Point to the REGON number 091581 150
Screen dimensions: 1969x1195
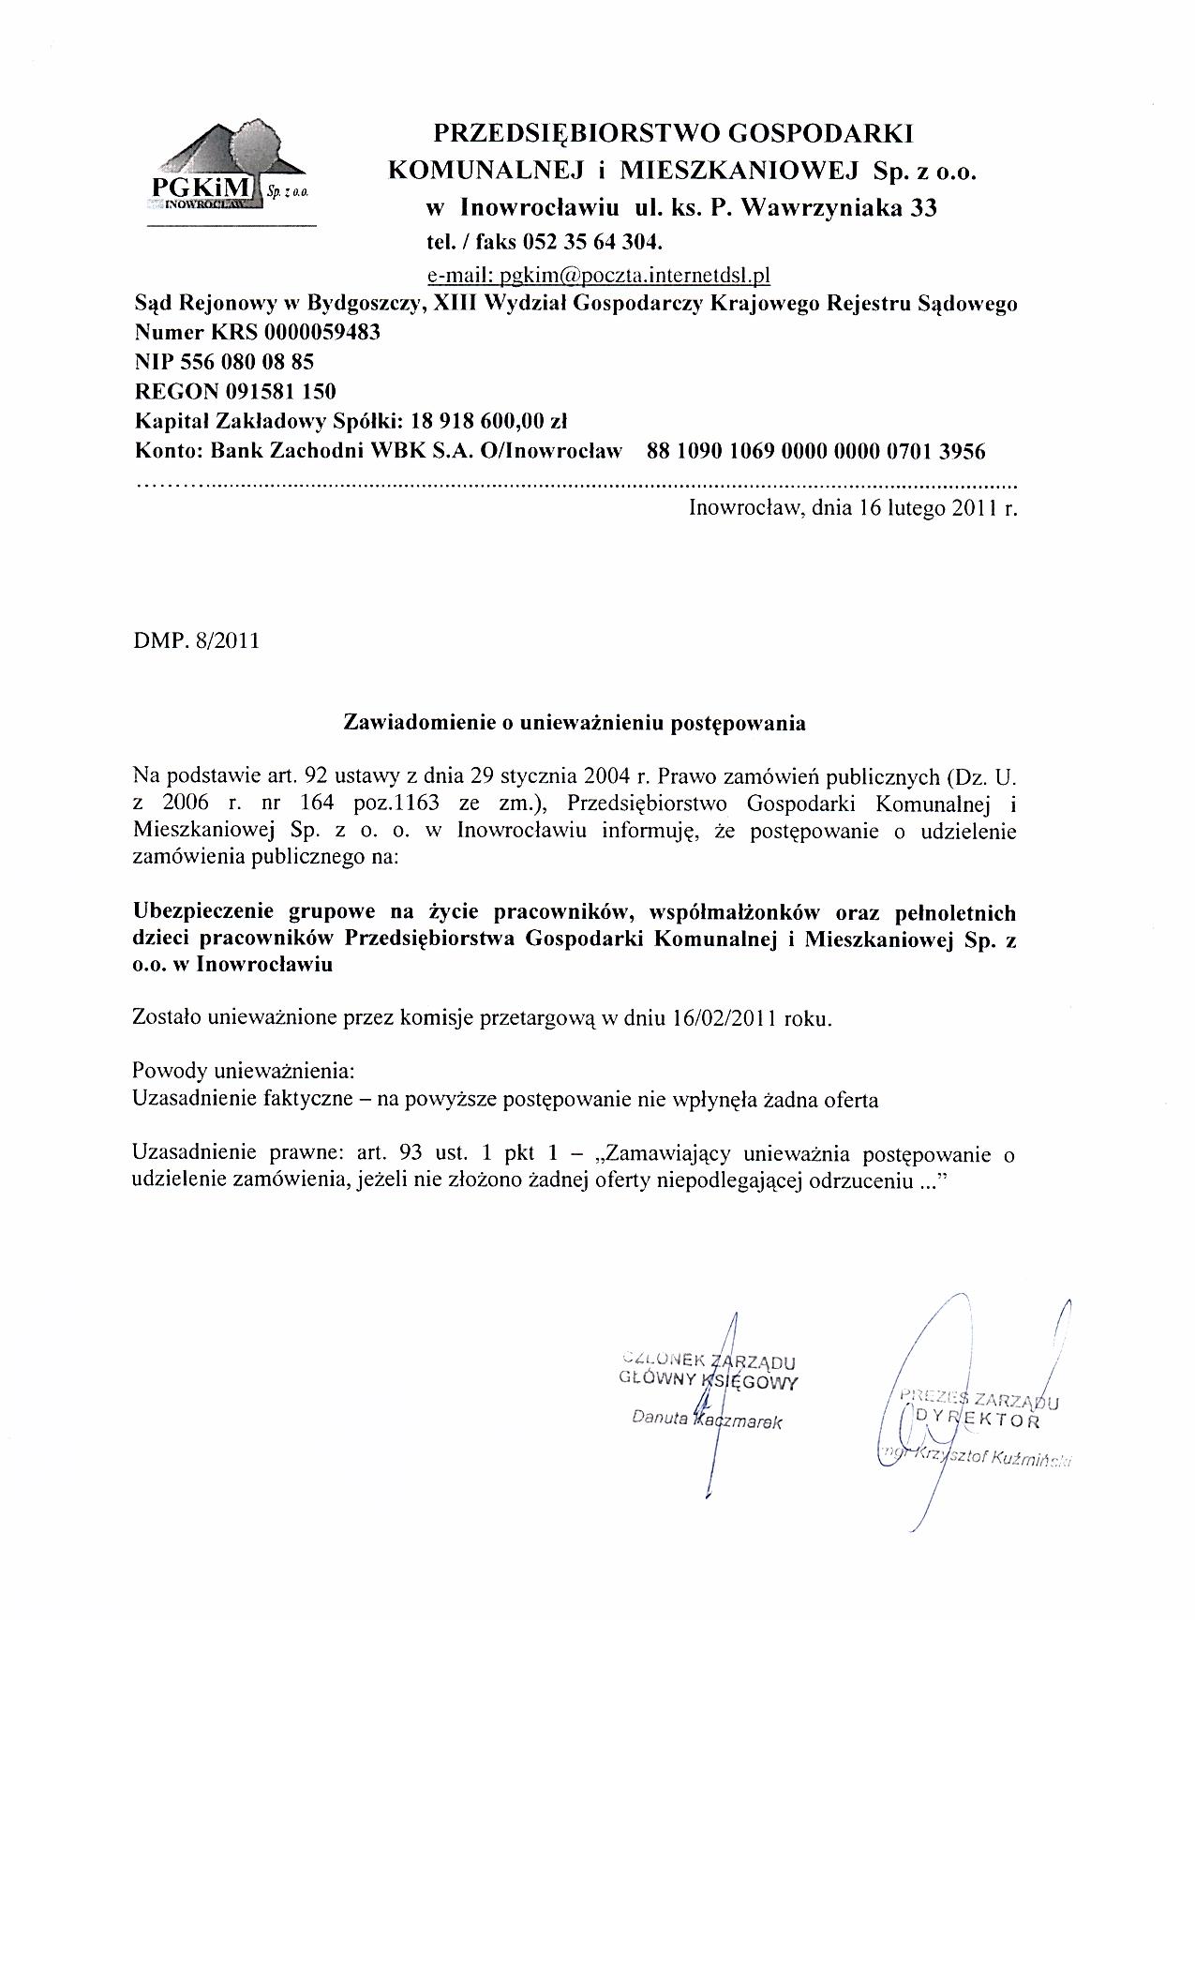point(280,391)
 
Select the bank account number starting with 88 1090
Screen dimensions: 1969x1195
point(816,451)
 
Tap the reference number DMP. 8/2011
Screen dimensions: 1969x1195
point(197,642)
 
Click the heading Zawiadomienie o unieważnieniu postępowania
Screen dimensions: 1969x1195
point(575,723)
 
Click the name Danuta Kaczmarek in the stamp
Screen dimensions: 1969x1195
point(708,1420)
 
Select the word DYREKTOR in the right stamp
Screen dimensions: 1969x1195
point(979,1419)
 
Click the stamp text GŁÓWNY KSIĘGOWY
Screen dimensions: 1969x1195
point(709,1379)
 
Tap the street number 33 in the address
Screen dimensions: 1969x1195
point(923,208)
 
